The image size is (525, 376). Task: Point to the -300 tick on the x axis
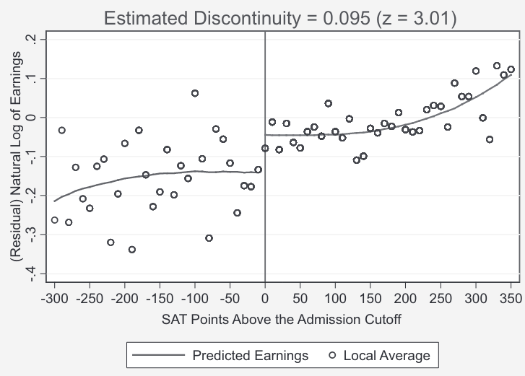pyautogui.click(x=54, y=297)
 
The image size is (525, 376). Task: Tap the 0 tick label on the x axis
pyautogui.click(x=265, y=297)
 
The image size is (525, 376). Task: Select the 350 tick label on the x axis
pyautogui.click(x=511, y=297)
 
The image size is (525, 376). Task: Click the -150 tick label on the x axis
pyautogui.click(x=160, y=297)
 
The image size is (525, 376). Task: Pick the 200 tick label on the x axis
pyautogui.click(x=405, y=297)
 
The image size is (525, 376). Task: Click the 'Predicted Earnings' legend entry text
pyautogui.click(x=250, y=355)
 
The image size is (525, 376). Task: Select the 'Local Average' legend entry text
pyautogui.click(x=386, y=355)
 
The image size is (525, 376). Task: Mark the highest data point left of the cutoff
pyautogui.click(x=195, y=93)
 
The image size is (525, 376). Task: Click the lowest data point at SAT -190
pyautogui.click(x=131, y=250)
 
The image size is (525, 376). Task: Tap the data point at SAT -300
pyautogui.click(x=54, y=220)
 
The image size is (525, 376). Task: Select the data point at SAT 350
pyautogui.click(x=511, y=69)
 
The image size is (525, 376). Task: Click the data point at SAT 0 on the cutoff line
pyautogui.click(x=265, y=148)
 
